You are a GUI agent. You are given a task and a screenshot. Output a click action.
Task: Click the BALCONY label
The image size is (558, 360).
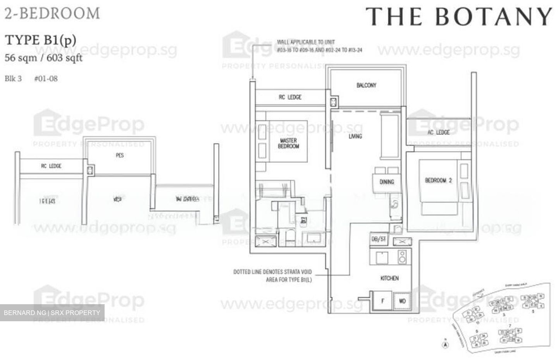[366, 85]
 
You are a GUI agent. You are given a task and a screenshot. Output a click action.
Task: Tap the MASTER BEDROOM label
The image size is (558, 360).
[288, 143]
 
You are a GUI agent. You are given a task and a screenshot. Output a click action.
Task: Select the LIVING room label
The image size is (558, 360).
[355, 136]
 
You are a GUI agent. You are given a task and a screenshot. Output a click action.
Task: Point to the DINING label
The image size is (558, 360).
[386, 182]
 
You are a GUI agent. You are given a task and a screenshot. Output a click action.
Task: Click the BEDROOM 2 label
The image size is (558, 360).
[438, 181]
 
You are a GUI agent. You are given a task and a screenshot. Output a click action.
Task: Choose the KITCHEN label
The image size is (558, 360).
[389, 278]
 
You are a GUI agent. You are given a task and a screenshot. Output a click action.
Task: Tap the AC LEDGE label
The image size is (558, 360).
[438, 133]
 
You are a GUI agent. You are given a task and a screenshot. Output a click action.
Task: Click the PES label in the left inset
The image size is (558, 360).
[120, 155]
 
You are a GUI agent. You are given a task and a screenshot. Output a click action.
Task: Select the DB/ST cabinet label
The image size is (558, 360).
[379, 239]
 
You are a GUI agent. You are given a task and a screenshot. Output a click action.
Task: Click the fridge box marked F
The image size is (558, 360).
[382, 301]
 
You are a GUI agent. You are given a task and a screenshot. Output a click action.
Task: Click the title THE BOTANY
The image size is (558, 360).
[459, 17]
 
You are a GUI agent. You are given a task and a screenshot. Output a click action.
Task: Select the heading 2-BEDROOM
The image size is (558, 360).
[52, 14]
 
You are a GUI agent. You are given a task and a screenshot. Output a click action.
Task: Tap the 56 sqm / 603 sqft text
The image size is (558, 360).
[43, 58]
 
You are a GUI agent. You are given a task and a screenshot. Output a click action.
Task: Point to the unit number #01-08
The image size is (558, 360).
[46, 79]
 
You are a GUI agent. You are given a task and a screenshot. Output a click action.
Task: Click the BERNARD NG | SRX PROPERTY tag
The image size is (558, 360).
[52, 313]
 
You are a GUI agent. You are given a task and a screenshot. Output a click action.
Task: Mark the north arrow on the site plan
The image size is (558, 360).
[446, 343]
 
